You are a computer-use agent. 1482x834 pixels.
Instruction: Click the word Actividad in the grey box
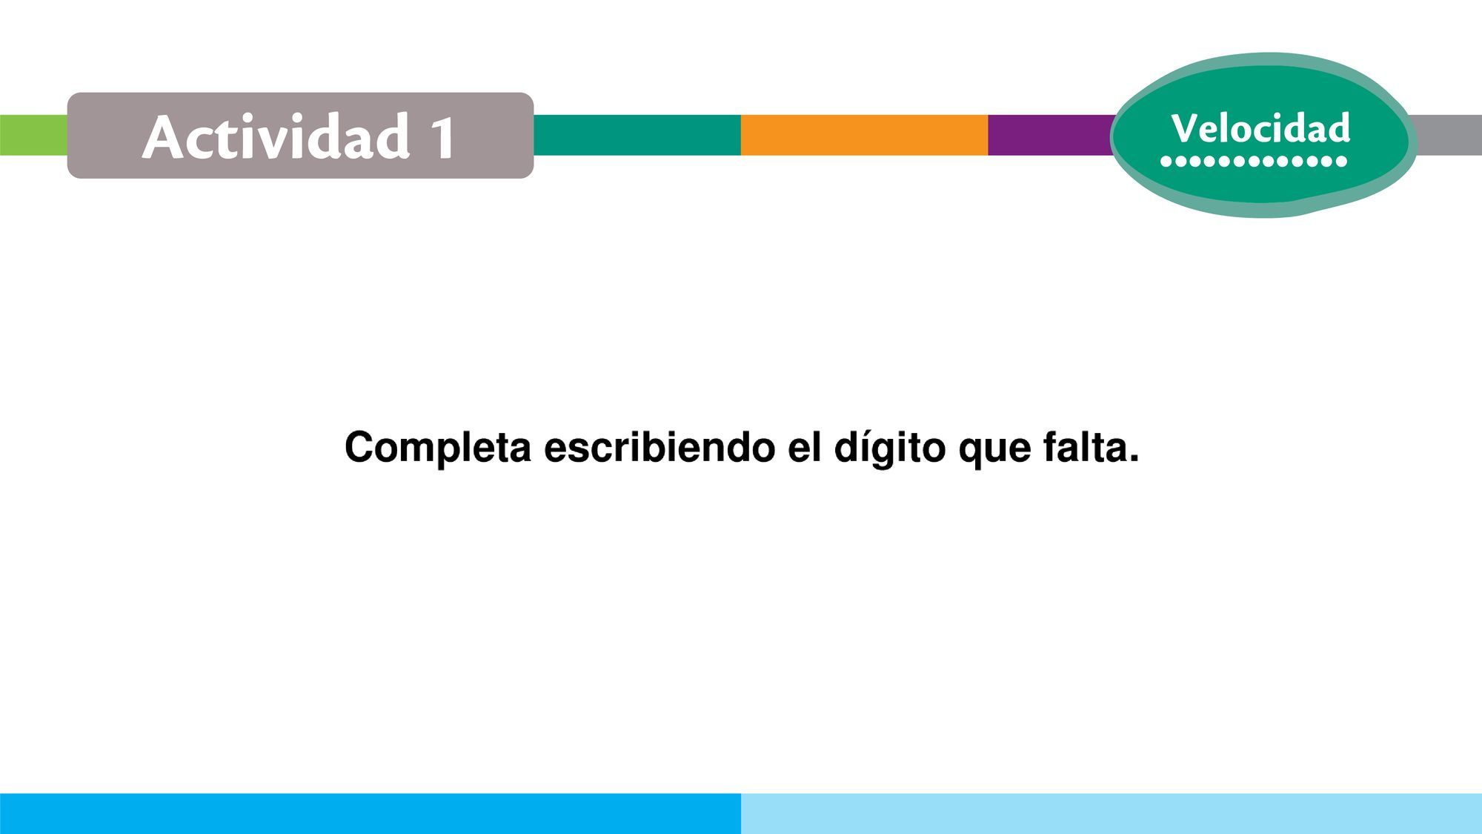point(276,136)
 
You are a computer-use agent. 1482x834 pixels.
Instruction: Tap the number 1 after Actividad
point(443,138)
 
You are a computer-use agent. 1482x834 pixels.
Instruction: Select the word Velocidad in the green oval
point(1260,128)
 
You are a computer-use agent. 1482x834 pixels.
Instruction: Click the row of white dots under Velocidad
point(1253,161)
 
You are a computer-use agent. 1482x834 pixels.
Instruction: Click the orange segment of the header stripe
point(864,135)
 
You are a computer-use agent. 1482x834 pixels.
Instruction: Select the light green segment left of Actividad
point(33,135)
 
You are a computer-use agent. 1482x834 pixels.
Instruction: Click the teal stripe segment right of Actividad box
point(637,135)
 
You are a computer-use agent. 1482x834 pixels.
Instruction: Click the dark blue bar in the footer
point(370,813)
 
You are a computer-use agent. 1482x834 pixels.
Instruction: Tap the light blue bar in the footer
point(1111,813)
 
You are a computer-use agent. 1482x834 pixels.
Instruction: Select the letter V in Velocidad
point(1186,128)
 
